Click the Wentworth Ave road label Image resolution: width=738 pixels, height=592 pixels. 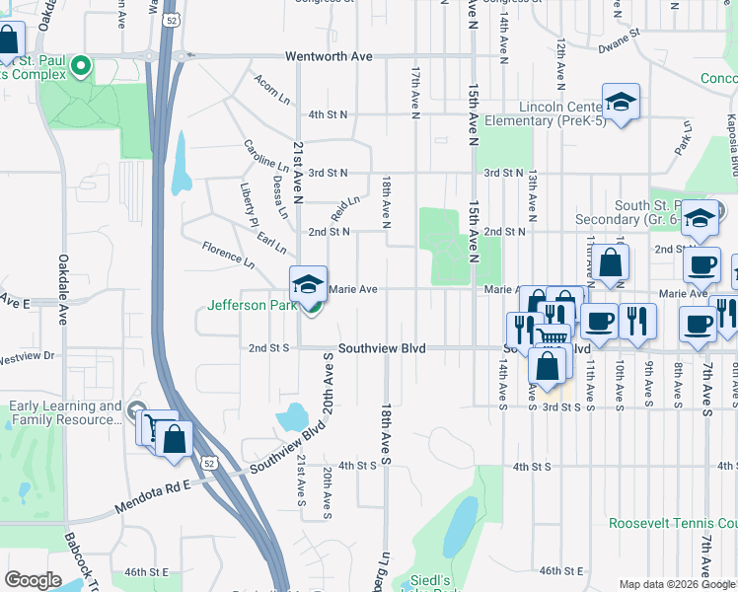329,56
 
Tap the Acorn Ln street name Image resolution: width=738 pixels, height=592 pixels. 271,91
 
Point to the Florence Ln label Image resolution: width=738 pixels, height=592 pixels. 228,254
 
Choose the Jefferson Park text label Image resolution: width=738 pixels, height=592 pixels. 253,306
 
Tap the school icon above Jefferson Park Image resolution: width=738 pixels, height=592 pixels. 308,284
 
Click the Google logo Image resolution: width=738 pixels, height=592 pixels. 33,579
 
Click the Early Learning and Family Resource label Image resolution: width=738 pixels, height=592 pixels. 66,412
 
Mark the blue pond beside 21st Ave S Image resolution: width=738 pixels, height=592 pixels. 292,417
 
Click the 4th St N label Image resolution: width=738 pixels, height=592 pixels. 329,114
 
